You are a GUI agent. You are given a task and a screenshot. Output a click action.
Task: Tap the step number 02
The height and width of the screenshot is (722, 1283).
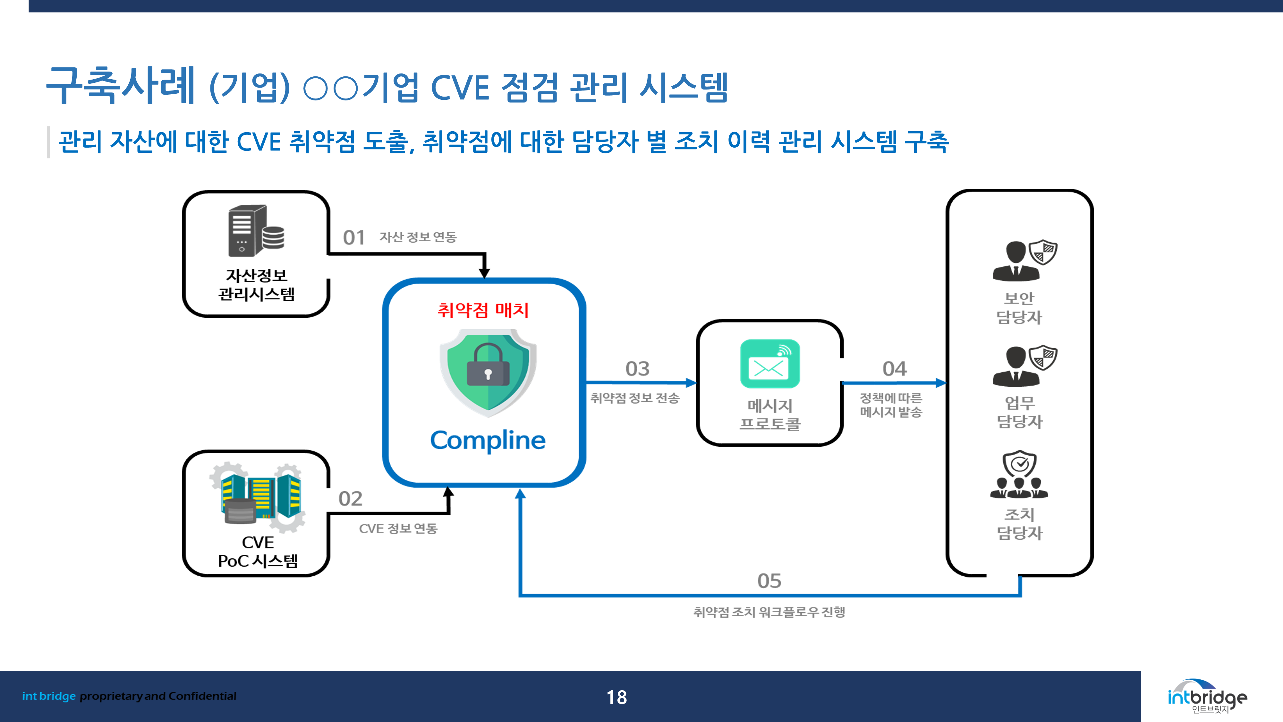coord(350,499)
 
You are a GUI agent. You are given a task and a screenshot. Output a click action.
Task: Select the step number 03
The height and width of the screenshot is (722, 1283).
coord(638,369)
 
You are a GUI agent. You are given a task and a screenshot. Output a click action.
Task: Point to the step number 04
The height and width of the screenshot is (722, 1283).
coord(895,369)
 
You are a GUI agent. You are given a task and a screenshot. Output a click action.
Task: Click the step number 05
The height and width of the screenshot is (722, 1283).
coord(769,581)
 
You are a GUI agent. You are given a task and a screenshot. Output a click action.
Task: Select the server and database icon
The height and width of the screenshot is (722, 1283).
coord(256,231)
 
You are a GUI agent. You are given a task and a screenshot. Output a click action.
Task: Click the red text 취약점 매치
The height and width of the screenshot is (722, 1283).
coord(483,310)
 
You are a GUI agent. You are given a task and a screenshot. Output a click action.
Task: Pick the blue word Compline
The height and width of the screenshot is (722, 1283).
coord(488,441)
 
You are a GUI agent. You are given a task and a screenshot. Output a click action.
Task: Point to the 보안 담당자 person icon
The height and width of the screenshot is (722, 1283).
coord(1024,260)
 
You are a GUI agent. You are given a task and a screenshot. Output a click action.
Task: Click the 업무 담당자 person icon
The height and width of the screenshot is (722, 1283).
coord(1024,365)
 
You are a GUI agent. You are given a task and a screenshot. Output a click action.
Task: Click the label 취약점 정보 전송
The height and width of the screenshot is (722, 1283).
coord(635,398)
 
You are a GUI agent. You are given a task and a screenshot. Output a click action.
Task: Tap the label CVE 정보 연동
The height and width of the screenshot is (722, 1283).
coord(398,529)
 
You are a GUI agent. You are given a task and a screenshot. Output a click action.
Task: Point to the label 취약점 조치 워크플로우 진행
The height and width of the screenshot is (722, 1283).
coord(769,612)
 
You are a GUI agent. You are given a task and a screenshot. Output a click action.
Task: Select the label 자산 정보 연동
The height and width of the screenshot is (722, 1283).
coord(418,237)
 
